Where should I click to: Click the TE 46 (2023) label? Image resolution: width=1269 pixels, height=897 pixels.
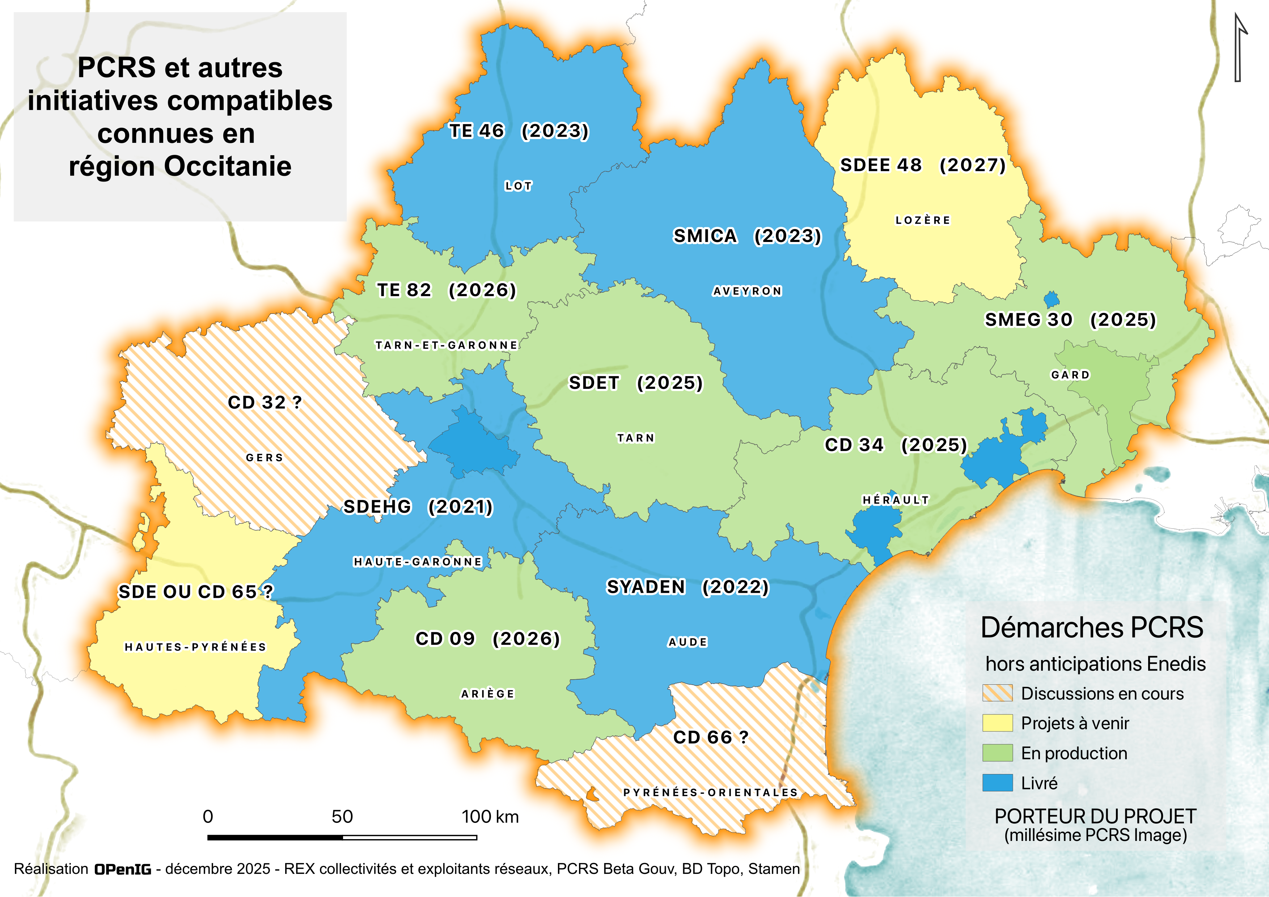pos(519,131)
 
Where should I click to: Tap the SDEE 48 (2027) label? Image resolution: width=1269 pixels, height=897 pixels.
pos(922,165)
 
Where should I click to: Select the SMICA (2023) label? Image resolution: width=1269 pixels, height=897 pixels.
pos(747,236)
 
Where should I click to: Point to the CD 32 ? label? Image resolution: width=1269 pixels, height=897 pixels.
pos(265,402)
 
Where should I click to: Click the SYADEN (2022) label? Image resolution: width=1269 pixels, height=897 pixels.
pos(687,587)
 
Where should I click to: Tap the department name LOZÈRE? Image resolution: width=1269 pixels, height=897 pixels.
pos(922,220)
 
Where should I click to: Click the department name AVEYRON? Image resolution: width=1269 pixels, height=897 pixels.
pos(747,291)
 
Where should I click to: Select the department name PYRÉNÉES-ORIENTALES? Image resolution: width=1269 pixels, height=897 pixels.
pos(710,792)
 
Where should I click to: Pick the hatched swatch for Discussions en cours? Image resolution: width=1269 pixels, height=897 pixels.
pos(997,693)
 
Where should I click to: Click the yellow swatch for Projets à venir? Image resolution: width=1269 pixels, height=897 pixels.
pos(997,723)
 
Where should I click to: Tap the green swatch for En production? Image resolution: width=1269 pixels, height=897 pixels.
pos(997,753)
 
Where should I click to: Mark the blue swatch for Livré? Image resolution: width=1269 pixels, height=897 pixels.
pos(997,783)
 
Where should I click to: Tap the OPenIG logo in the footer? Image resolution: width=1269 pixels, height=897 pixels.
pos(123,870)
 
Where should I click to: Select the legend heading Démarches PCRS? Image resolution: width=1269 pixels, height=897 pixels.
pos(1092,628)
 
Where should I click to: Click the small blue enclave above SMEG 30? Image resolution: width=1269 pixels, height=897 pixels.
pos(1051,300)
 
